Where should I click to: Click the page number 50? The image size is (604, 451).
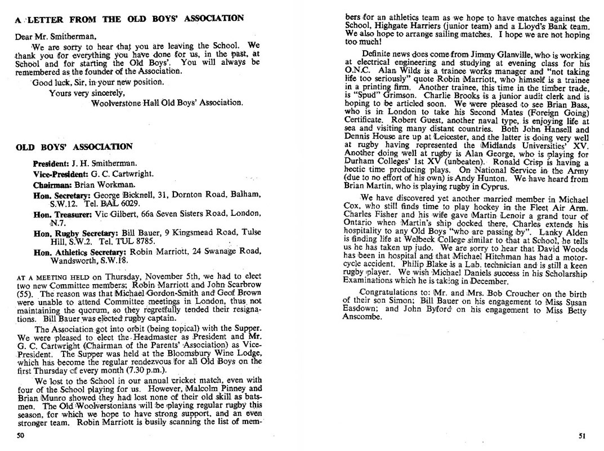20,435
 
